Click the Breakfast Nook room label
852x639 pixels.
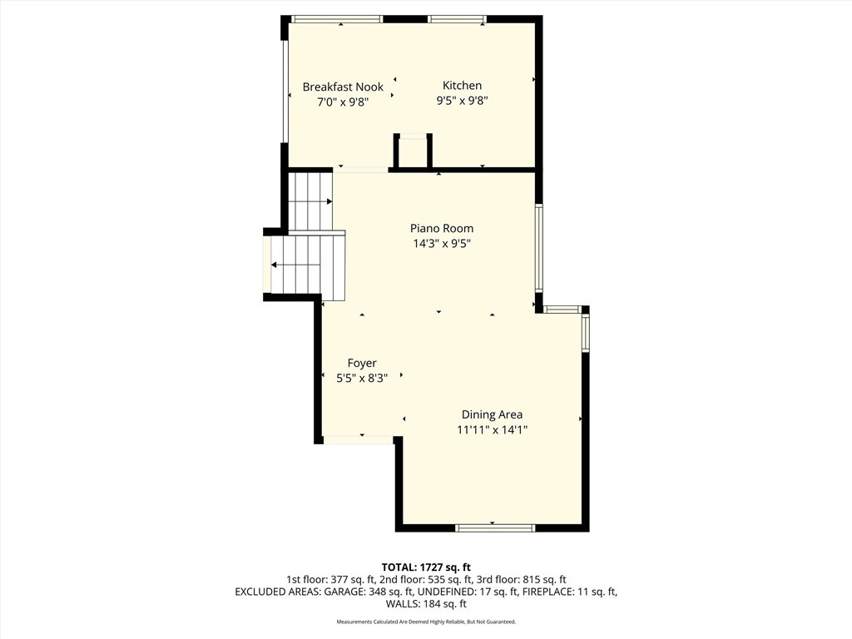pyautogui.click(x=343, y=87)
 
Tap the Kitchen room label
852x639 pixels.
pyautogui.click(x=462, y=86)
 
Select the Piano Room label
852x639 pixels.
pyautogui.click(x=441, y=228)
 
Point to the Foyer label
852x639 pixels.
pyautogui.click(x=362, y=363)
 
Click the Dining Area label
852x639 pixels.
pyautogui.click(x=492, y=414)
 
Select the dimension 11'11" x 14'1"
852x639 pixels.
pyautogui.click(x=492, y=430)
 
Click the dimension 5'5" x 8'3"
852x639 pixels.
pyautogui.click(x=362, y=378)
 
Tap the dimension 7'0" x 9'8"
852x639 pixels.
pyautogui.click(x=343, y=102)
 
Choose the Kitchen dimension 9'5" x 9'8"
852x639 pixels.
pyautogui.click(x=462, y=102)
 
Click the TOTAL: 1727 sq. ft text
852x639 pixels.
pyautogui.click(x=426, y=567)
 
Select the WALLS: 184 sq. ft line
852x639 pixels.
pyautogui.click(x=426, y=604)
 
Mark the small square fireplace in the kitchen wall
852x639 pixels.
pyautogui.click(x=413, y=152)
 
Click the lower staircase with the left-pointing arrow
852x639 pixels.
pyautogui.click(x=304, y=265)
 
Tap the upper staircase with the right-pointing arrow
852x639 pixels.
pyautogui.click(x=310, y=201)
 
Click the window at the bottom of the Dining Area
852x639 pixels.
pyautogui.click(x=495, y=528)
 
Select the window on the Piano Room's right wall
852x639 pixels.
pyautogui.click(x=539, y=248)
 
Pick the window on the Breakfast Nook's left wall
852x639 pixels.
pyautogui.click(x=285, y=92)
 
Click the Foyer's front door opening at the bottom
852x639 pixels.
pyautogui.click(x=358, y=439)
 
